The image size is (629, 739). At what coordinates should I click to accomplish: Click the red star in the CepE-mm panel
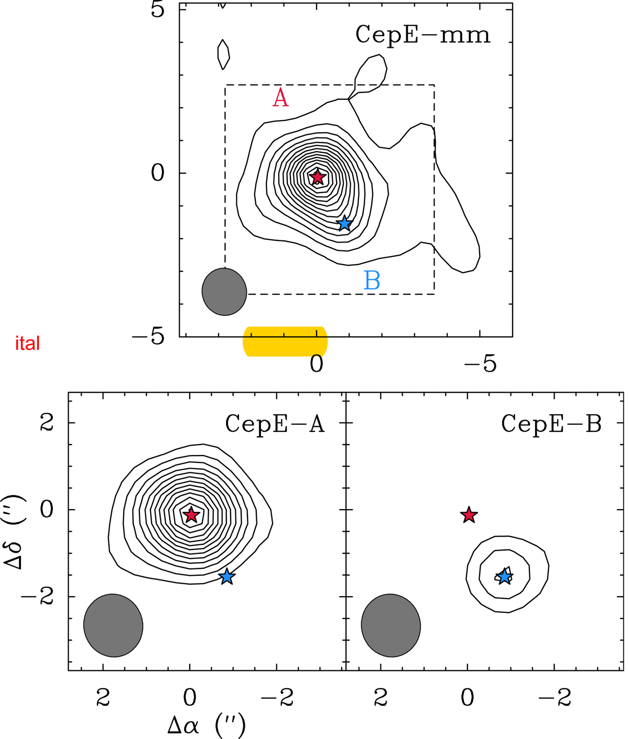point(317,177)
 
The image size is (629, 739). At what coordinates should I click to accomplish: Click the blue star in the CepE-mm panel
point(344,224)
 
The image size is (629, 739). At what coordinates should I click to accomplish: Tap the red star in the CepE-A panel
point(191,515)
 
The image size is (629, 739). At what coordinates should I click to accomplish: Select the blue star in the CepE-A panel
point(227,576)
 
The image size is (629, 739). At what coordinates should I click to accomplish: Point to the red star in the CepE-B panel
point(469,515)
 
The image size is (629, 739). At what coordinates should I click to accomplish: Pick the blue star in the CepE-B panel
point(504,576)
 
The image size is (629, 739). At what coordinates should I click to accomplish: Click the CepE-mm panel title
point(423,35)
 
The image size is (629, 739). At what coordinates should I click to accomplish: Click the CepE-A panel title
point(275,424)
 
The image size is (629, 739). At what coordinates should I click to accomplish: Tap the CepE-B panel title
point(551,424)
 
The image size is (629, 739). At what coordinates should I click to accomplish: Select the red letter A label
point(280,98)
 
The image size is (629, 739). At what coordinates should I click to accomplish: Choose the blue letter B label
point(372,280)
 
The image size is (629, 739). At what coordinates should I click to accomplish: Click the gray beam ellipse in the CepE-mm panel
point(224,292)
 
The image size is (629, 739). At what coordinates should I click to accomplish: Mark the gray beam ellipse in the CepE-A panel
point(113,625)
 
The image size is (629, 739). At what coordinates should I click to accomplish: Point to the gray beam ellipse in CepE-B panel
point(391,625)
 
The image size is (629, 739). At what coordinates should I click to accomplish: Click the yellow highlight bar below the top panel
point(285,342)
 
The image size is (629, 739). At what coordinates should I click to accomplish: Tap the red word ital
point(27,343)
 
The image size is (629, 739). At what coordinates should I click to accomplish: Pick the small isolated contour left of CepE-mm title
point(223,55)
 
